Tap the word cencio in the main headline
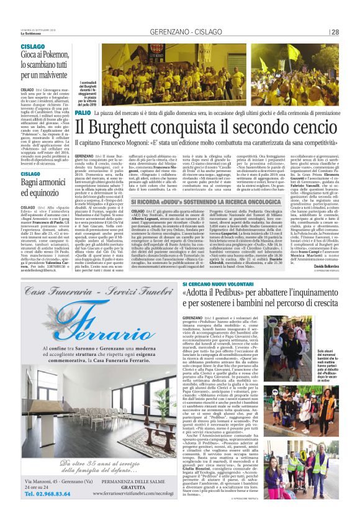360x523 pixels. coord(311,128)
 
